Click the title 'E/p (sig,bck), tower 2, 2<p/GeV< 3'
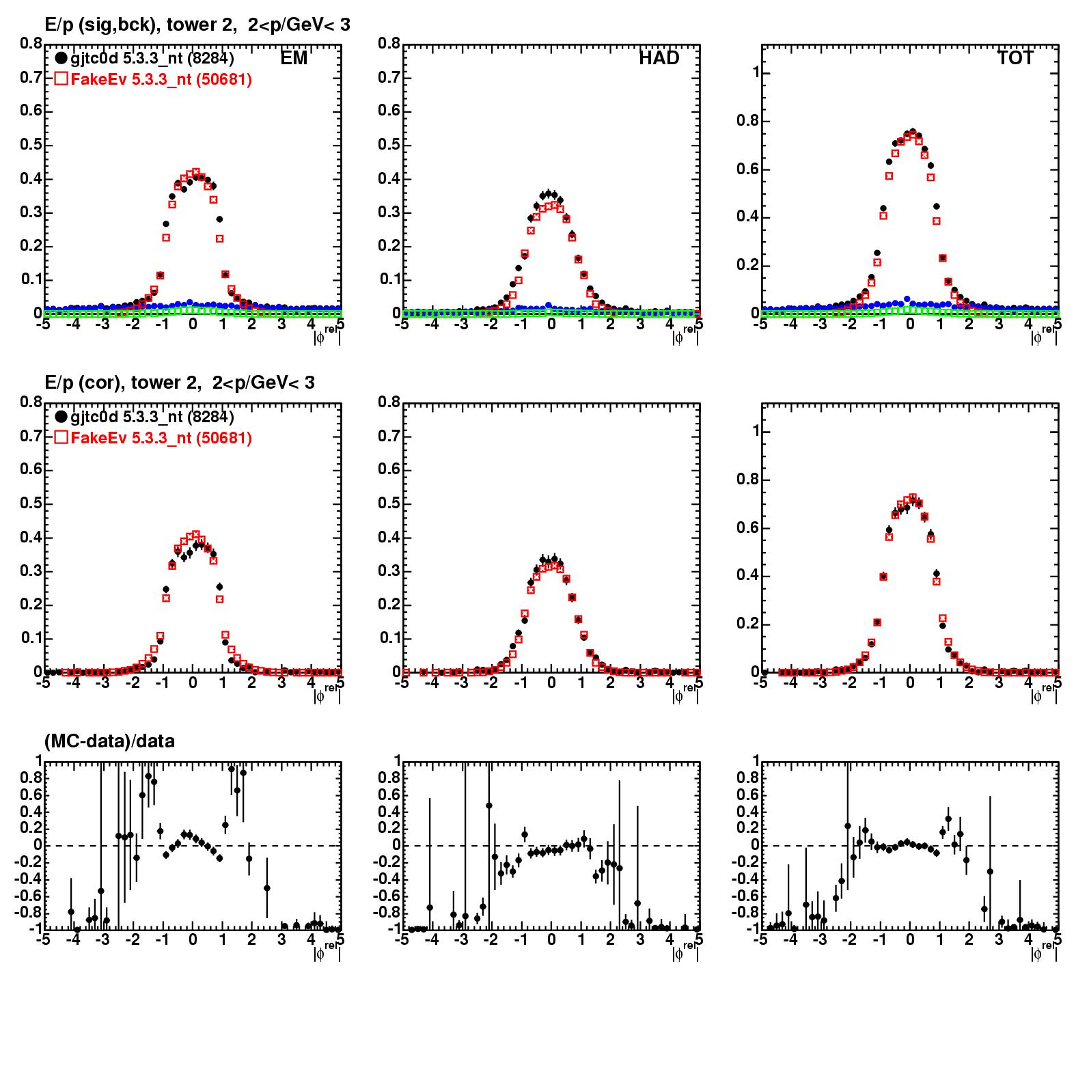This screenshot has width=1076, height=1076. pyautogui.click(x=197, y=25)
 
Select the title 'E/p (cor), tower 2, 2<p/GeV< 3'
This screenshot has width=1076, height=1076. pyautogui.click(x=180, y=383)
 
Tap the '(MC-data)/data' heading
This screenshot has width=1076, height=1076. pyautogui.click(x=109, y=741)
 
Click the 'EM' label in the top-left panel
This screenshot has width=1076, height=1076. pyautogui.click(x=294, y=58)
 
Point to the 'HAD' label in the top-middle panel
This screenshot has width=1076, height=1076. pyautogui.click(x=659, y=58)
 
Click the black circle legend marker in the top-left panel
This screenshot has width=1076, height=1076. pyautogui.click(x=61, y=58)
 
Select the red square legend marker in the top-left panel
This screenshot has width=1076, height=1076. pyautogui.click(x=61, y=79)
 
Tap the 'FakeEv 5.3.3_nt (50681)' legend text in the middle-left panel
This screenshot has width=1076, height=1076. pyautogui.click(x=161, y=438)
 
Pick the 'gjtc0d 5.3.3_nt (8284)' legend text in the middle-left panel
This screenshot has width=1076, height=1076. pyautogui.click(x=152, y=417)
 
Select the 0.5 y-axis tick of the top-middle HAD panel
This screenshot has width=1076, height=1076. pyautogui.click(x=389, y=145)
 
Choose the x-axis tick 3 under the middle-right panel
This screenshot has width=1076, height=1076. pyautogui.click(x=999, y=682)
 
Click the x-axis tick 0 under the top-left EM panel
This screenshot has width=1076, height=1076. pyautogui.click(x=193, y=325)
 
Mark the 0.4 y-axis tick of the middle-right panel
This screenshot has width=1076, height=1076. pyautogui.click(x=747, y=576)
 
